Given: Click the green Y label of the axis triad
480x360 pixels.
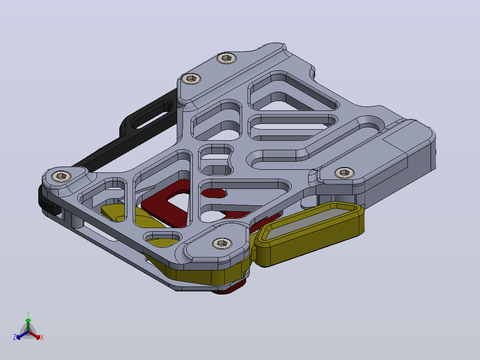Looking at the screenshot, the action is [x=28, y=313].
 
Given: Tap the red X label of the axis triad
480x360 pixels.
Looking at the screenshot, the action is [x=42, y=337].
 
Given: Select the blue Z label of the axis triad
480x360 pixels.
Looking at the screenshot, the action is [x=15, y=337].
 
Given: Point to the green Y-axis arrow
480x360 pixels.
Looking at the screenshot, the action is [x=28, y=324].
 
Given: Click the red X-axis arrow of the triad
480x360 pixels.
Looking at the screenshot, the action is [x=34, y=335].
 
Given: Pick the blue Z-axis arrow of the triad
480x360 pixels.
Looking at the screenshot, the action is [x=22, y=335].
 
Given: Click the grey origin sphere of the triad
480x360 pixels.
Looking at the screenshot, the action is [x=28, y=332].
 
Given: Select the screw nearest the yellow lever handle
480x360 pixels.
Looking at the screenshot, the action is [x=222, y=243].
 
